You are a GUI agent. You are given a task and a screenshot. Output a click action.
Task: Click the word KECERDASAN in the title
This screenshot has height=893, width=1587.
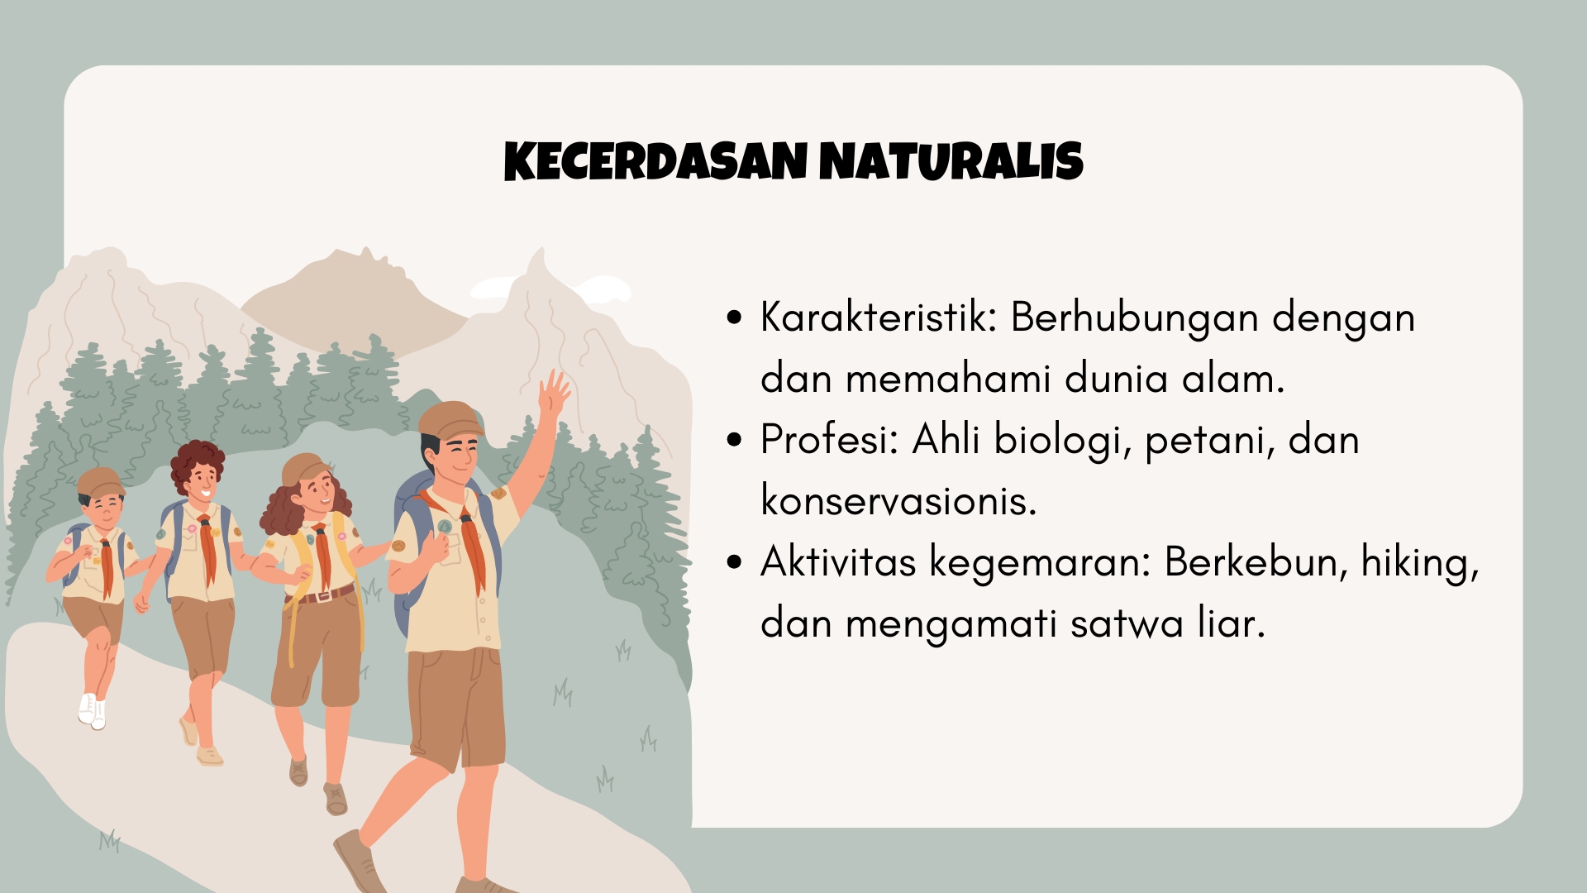(655, 161)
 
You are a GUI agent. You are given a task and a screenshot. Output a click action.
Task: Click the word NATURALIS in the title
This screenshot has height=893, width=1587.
(951, 161)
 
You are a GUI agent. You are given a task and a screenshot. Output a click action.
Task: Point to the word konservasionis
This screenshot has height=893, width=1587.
(898, 500)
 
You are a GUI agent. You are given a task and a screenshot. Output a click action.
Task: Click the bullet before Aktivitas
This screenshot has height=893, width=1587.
(734, 563)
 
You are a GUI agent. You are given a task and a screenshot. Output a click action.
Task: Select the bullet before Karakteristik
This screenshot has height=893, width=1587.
(734, 318)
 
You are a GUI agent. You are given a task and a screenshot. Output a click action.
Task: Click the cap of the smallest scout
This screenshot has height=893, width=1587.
(101, 481)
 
